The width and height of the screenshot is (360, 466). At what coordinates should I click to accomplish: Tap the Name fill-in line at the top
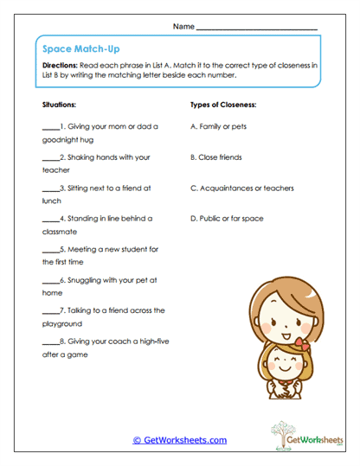tap(257, 29)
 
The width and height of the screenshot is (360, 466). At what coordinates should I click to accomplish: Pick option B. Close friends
tap(219, 157)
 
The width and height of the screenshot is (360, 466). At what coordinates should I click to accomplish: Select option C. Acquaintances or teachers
tap(241, 188)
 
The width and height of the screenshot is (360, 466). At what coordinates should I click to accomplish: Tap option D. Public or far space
tap(227, 219)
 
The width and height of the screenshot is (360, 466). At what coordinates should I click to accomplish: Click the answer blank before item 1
tap(50, 127)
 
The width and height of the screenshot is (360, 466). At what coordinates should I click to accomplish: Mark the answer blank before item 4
tap(50, 220)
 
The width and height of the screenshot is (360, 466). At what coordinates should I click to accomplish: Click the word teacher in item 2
tap(55, 170)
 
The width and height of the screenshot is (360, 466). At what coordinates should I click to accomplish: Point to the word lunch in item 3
tap(52, 201)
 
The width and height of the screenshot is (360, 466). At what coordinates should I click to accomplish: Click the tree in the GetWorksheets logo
tap(282, 432)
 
